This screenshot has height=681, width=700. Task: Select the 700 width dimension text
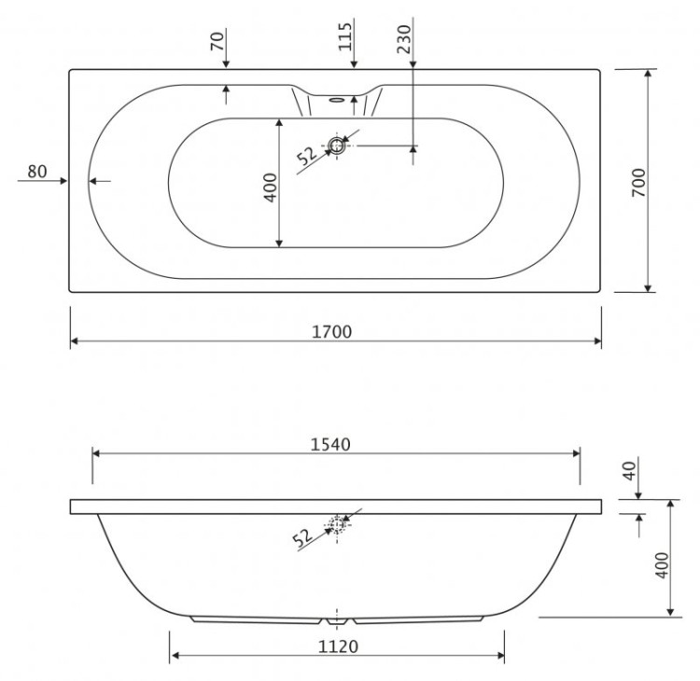click(x=638, y=180)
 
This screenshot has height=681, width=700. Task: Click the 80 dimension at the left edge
click(x=36, y=171)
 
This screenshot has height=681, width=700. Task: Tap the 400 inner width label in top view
click(x=270, y=190)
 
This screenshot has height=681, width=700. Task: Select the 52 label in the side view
click(x=302, y=538)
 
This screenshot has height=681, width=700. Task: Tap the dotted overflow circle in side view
click(x=336, y=525)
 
